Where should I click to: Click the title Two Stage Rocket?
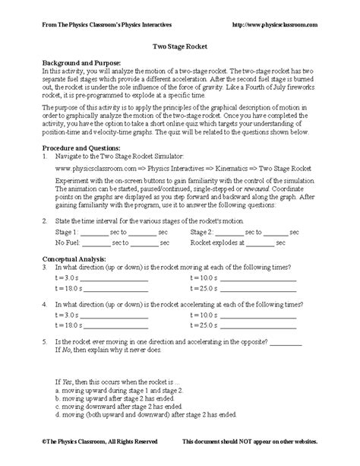pyautogui.click(x=179, y=46)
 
